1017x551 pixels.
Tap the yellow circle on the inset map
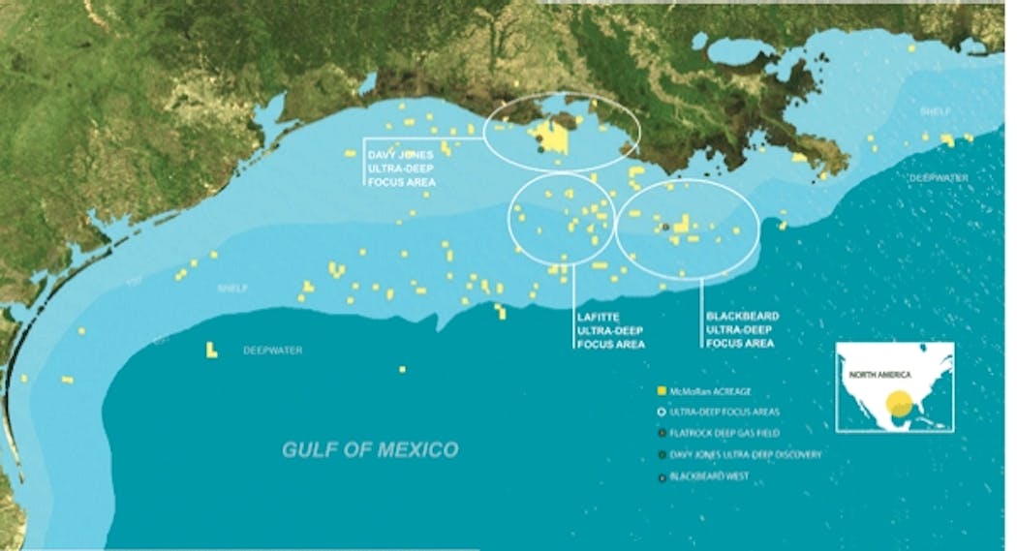tap(901, 403)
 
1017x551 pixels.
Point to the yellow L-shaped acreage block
tap(211, 351)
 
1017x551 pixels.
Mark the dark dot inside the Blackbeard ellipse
tap(665, 227)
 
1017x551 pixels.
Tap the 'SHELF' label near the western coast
tap(232, 289)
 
